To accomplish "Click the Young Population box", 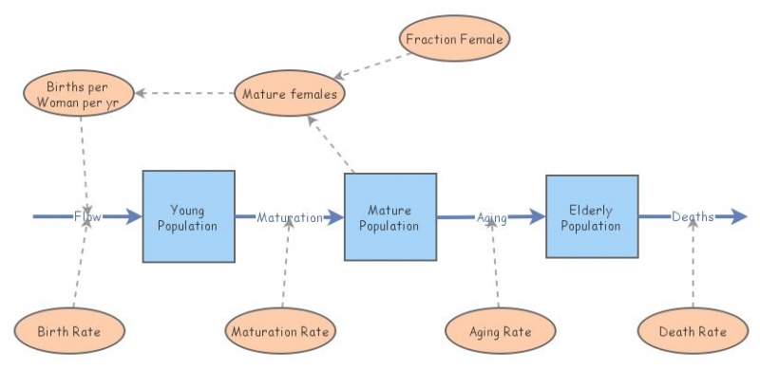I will [x=188, y=216].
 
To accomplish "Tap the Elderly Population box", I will [x=591, y=216].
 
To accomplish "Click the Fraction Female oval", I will [x=454, y=40].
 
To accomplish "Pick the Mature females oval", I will [x=290, y=94].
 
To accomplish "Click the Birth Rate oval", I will [x=69, y=331].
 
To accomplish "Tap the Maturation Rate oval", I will [x=281, y=332].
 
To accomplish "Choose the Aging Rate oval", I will [x=501, y=331].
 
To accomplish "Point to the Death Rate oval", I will [x=693, y=331].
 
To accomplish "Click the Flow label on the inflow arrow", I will [x=87, y=216].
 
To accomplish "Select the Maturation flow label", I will [x=290, y=217].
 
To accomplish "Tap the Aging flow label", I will [x=491, y=217].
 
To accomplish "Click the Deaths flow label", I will [x=693, y=216].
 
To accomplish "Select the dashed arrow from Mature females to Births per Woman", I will [x=184, y=93].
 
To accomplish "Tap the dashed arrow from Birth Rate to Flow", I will [x=81, y=266].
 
